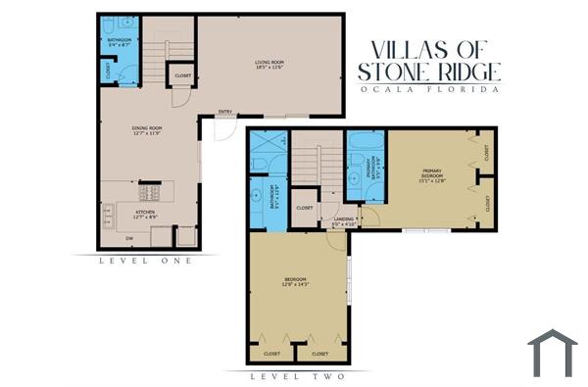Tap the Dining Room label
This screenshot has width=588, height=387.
(147, 130)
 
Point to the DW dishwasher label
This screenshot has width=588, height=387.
(128, 238)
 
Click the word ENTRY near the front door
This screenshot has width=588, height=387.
(224, 111)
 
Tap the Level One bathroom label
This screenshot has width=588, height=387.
(118, 42)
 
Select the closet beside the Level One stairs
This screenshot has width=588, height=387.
(182, 75)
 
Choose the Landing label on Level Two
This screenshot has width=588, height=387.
(343, 220)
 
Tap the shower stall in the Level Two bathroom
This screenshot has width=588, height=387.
(265, 155)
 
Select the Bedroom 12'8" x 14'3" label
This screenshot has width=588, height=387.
(295, 283)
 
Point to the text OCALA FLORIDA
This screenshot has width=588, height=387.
(429, 88)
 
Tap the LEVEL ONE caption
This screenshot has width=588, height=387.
(147, 261)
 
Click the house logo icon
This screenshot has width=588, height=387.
(552, 353)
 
